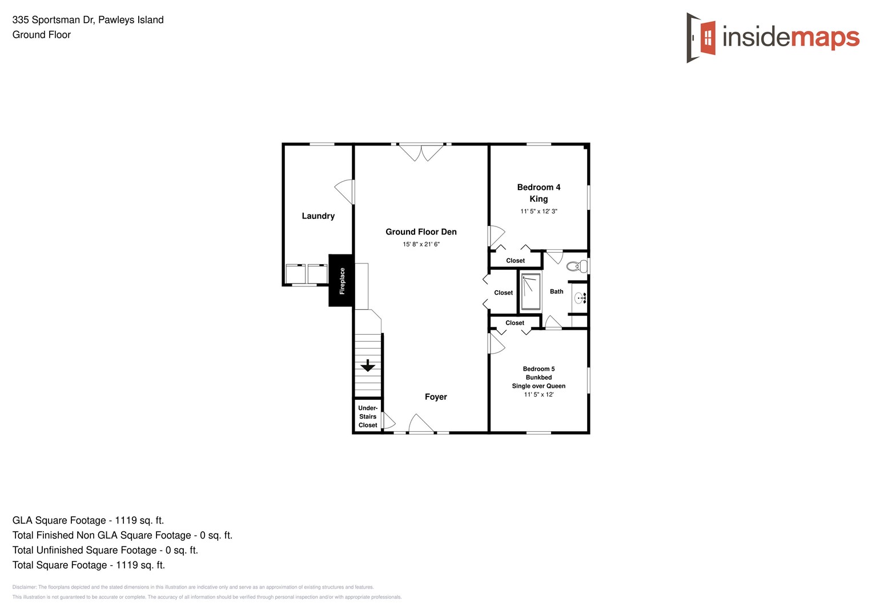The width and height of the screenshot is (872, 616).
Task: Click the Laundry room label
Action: tap(318, 216)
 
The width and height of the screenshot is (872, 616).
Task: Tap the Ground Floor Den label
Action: tap(421, 232)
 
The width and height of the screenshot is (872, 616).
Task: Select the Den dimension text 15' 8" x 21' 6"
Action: tap(421, 244)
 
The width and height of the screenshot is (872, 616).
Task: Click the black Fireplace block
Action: tap(341, 281)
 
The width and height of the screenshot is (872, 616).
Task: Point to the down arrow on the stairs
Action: tap(368, 365)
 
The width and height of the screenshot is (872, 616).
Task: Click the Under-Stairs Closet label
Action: tap(368, 416)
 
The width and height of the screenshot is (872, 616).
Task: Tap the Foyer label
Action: tap(436, 397)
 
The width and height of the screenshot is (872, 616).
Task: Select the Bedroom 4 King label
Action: tap(539, 193)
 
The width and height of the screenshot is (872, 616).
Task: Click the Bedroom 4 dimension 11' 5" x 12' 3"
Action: tap(539, 211)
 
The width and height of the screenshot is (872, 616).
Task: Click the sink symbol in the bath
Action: tap(580, 297)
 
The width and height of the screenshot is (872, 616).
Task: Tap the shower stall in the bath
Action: tap(531, 291)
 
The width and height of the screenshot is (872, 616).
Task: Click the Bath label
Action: tap(556, 291)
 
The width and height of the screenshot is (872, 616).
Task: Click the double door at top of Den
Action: tap(421, 152)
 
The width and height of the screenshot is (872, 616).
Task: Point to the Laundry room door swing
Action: tap(345, 192)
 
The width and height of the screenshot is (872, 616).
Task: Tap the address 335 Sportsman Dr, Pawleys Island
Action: tap(88, 20)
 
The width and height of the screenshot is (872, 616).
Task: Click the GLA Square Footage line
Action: tap(88, 520)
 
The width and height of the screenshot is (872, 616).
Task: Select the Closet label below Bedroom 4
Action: tap(515, 261)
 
